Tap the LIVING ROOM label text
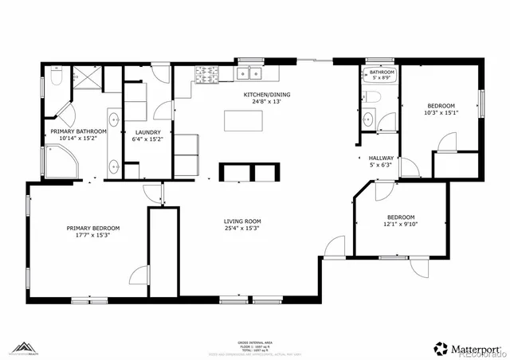[242, 221]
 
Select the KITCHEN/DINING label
[267, 94]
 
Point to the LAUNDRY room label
[147, 132]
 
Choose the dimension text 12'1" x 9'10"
[401, 225]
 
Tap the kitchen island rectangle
[245, 120]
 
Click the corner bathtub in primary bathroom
[61, 165]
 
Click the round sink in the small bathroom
[367, 120]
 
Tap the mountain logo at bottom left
[28, 348]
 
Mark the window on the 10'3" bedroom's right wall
[481, 104]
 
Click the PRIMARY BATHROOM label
[78, 131]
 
